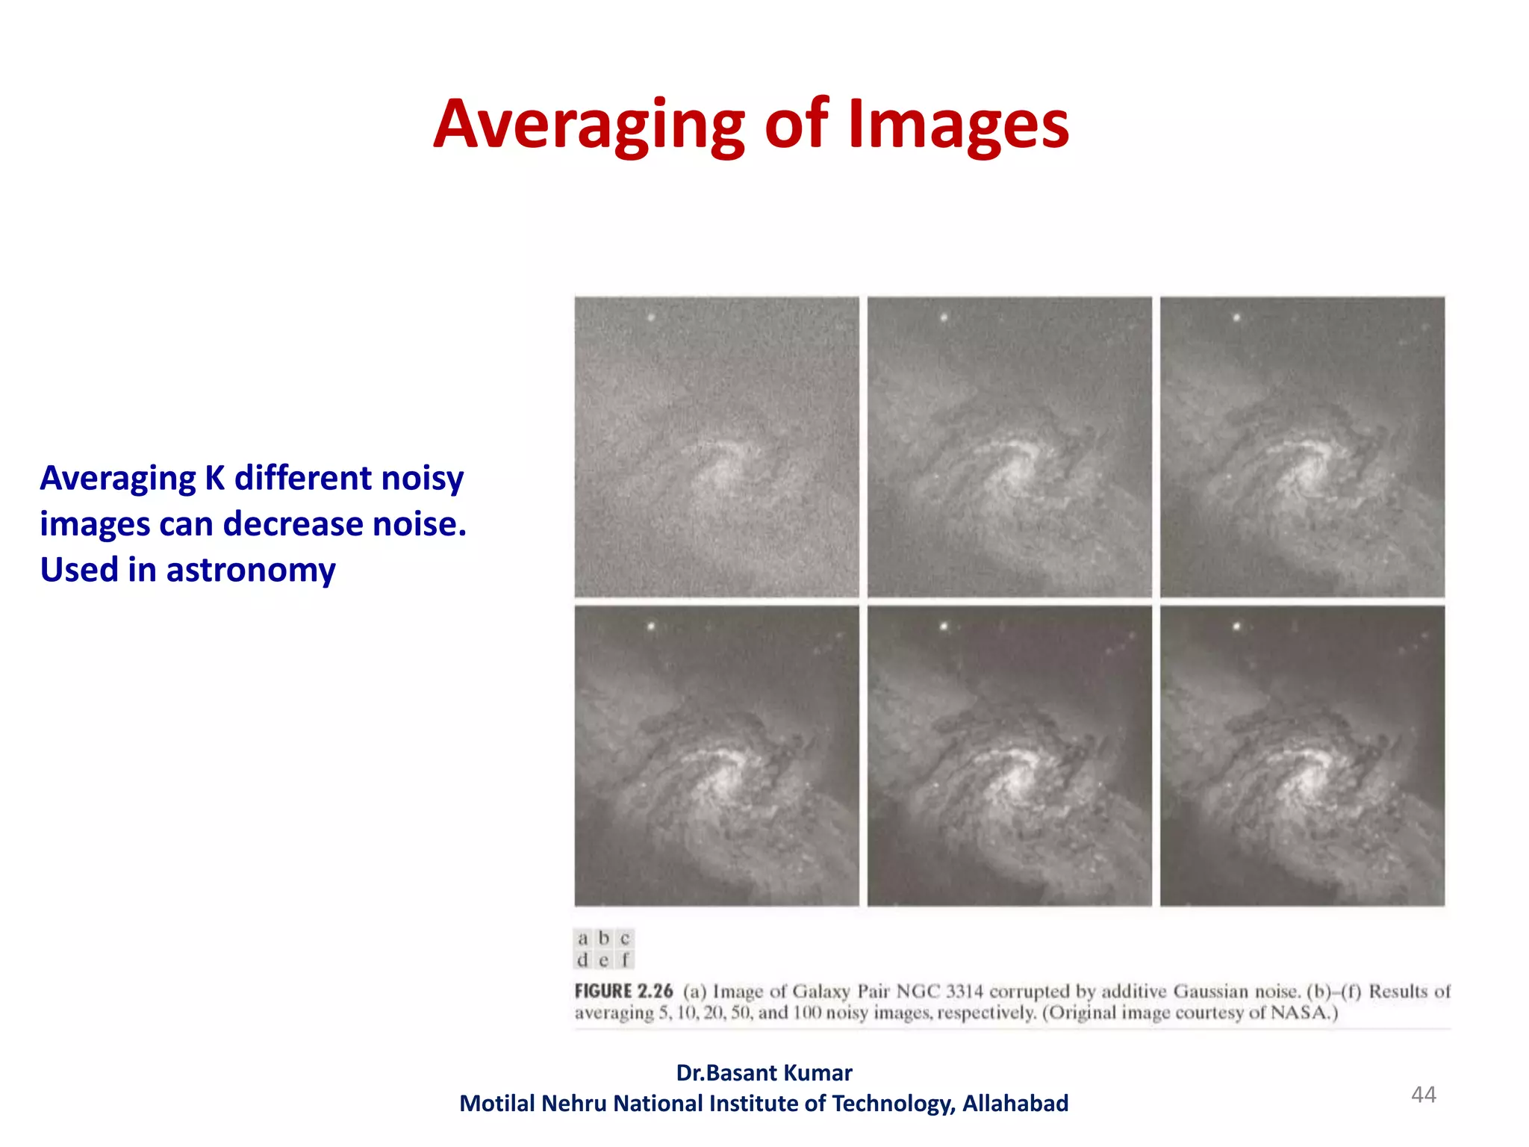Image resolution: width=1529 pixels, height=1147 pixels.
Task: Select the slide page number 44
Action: pos(1423,1095)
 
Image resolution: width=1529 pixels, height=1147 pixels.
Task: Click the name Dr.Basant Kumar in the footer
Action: pos(764,1072)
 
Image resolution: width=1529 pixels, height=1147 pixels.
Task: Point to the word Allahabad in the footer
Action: pos(1015,1103)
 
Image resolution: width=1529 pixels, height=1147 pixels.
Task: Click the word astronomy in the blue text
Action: pos(251,570)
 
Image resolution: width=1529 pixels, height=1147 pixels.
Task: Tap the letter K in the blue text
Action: pos(215,478)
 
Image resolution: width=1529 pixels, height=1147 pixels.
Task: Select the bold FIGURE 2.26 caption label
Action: pos(623,991)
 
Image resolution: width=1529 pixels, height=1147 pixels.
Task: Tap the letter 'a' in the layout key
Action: pos(583,938)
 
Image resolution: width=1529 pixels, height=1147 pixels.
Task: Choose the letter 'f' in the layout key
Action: pos(625,960)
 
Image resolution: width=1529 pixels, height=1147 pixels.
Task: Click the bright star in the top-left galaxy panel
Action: pos(652,317)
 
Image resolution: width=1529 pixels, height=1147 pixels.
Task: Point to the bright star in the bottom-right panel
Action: pos(1237,626)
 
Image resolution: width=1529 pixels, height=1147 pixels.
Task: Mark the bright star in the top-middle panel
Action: pos(944,317)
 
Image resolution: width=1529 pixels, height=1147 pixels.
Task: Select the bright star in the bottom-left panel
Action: pos(652,626)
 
